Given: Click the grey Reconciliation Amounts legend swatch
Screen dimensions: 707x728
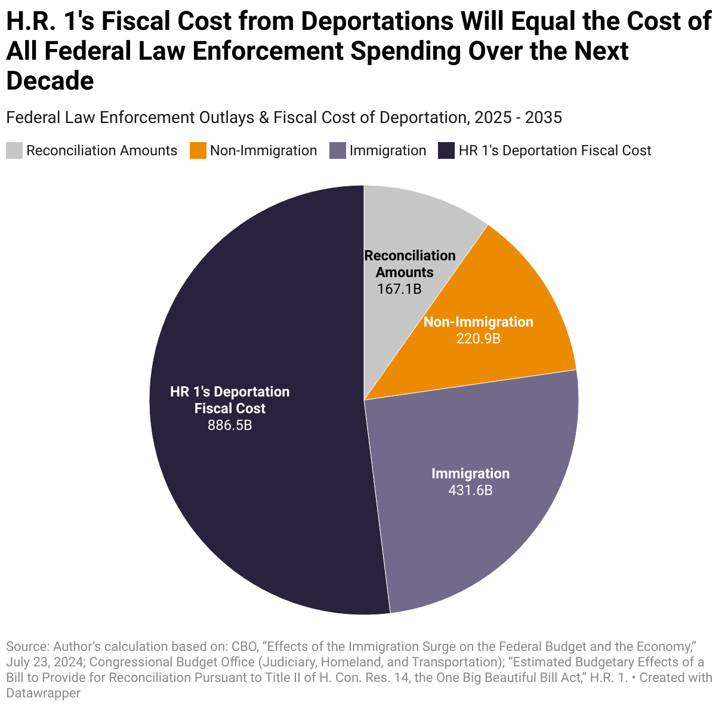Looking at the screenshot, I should point(14,150).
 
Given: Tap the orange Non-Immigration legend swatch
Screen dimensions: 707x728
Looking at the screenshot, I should point(198,150).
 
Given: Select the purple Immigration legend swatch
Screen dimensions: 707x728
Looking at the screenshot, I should point(338,150).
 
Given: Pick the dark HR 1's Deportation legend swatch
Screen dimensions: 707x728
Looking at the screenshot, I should point(446,150).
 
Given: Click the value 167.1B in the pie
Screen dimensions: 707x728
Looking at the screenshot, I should point(399,290).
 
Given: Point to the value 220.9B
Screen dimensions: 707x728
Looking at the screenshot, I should point(478,339).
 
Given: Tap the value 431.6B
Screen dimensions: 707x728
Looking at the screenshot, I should point(470,490).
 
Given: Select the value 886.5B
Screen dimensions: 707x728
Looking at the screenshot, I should point(230,425).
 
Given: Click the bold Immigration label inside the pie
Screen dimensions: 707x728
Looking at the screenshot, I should point(470,474).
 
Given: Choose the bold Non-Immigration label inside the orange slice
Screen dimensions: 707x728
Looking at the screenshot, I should point(478,322).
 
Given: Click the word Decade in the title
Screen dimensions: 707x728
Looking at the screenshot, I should point(50,81).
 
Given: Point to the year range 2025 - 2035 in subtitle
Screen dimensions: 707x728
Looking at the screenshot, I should point(518,118).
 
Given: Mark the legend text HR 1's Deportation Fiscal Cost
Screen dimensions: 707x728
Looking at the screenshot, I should point(554,150).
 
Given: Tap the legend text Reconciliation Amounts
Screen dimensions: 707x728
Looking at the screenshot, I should point(101,150).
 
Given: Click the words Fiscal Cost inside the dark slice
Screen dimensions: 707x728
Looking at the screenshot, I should point(230,408).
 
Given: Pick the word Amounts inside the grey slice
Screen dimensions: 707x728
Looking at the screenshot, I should point(405,272).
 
